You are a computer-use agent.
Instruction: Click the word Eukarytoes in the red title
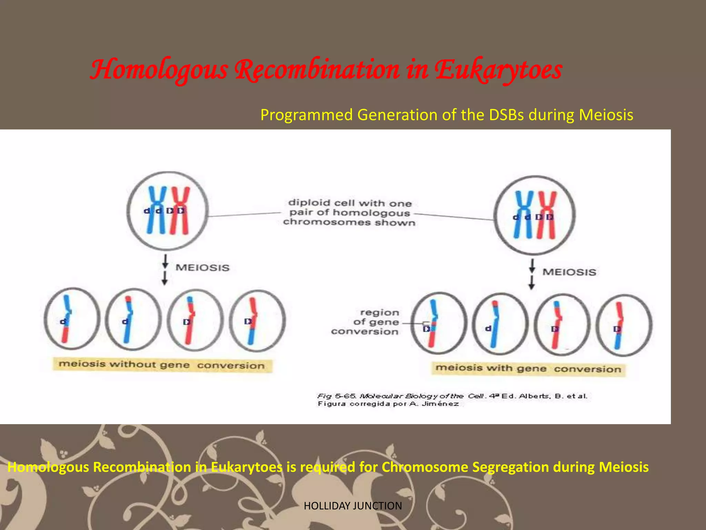(x=498, y=70)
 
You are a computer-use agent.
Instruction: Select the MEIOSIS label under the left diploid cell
(x=202, y=268)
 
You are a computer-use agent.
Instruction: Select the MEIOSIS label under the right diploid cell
(x=569, y=272)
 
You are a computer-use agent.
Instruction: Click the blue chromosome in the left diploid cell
(x=157, y=210)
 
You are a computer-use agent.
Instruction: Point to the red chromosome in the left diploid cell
(x=180, y=210)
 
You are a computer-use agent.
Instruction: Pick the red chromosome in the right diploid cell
(x=547, y=215)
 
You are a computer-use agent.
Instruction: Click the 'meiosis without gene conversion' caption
(x=162, y=365)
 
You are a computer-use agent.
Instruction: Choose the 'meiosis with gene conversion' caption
(x=528, y=369)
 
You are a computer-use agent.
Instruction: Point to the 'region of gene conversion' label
(x=369, y=322)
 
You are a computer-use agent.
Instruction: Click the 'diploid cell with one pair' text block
(x=349, y=213)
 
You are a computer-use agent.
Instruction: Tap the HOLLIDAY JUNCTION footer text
(x=353, y=506)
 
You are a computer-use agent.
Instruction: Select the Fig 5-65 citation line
(x=452, y=396)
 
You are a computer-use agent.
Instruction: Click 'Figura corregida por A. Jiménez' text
(x=388, y=404)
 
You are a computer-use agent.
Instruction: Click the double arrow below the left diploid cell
(x=165, y=269)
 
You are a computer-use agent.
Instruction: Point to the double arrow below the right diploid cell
(x=532, y=274)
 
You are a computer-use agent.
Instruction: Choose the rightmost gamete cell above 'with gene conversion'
(x=624, y=325)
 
